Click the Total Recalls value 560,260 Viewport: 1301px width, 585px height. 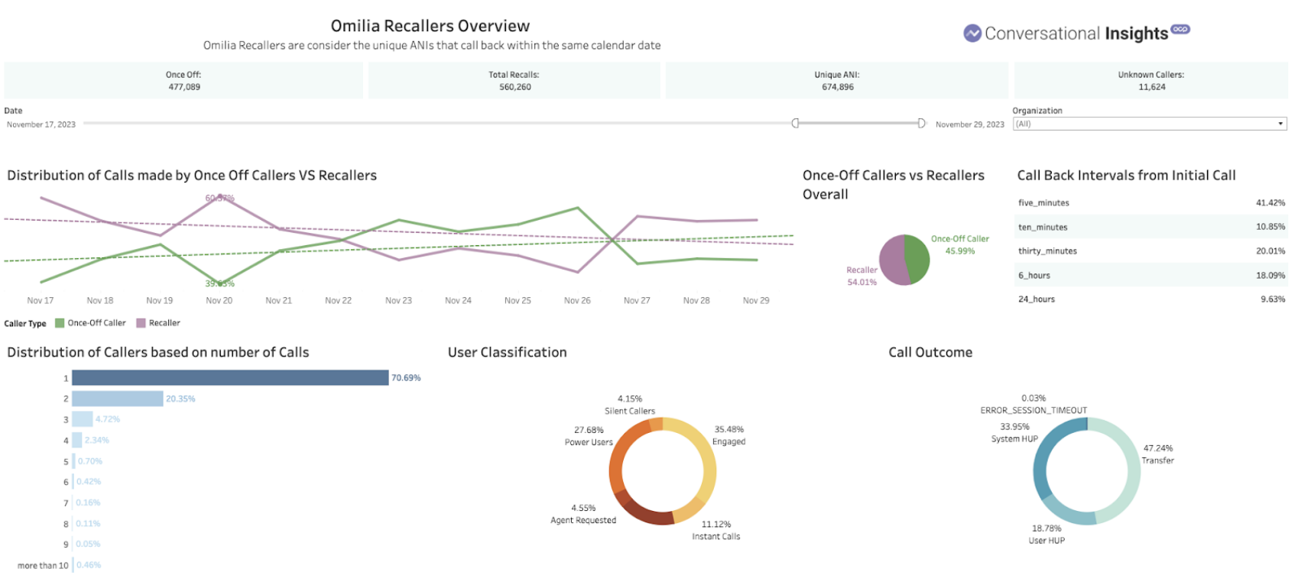tap(515, 87)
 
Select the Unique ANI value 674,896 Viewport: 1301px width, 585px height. tap(838, 87)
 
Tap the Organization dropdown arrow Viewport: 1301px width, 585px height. tap(1280, 124)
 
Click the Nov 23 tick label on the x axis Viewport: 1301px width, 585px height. tap(398, 301)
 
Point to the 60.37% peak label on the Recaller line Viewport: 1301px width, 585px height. tap(219, 199)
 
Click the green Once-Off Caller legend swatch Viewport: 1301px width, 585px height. tap(60, 323)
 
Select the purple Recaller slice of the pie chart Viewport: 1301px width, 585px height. tap(891, 260)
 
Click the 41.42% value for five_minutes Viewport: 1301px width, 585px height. tap(1270, 203)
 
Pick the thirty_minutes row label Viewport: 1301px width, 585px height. tap(1047, 251)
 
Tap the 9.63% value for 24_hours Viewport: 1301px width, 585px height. tap(1272, 299)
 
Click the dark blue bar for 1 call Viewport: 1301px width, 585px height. tap(230, 378)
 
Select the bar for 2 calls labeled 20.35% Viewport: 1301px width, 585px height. tap(118, 399)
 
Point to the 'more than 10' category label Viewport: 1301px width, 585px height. tap(43, 566)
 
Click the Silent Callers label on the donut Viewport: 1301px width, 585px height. tap(630, 411)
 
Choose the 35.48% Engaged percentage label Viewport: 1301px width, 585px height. tap(729, 429)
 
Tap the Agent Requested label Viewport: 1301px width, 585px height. tap(583, 520)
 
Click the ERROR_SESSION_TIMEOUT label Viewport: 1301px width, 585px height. tap(1033, 410)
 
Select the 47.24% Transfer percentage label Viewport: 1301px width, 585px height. tap(1157, 448)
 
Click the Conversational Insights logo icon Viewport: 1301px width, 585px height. tap(972, 34)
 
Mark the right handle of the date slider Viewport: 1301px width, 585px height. tap(921, 124)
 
